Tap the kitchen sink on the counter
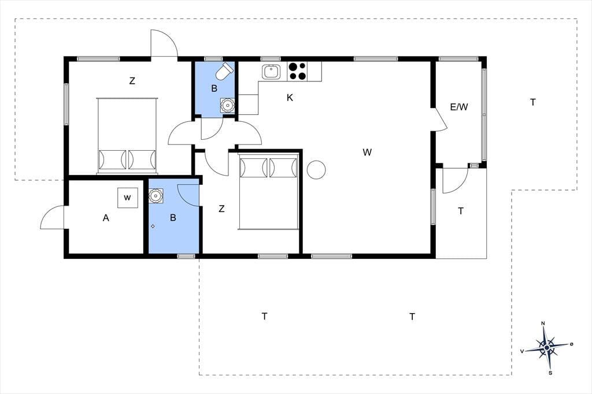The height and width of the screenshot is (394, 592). point(272,72)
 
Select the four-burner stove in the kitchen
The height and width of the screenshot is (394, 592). point(297,71)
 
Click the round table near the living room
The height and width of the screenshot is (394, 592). point(316,170)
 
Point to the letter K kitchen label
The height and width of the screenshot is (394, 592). point(290,98)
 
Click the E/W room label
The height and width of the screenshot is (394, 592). point(459,107)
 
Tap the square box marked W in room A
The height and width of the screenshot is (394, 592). point(127,198)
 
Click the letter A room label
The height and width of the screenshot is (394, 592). point(106,218)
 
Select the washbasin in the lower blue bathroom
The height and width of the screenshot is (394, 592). point(155,195)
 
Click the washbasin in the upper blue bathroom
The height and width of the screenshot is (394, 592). point(227,105)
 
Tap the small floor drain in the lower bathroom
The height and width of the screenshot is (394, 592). point(153,226)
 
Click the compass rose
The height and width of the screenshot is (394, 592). point(547,347)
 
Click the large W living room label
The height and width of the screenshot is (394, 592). point(367,153)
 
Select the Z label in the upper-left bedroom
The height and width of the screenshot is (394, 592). point(132,81)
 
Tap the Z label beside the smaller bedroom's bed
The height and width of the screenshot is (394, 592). point(221,209)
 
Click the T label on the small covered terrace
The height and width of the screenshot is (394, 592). point(461,211)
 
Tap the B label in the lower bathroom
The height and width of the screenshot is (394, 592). point(173,218)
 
